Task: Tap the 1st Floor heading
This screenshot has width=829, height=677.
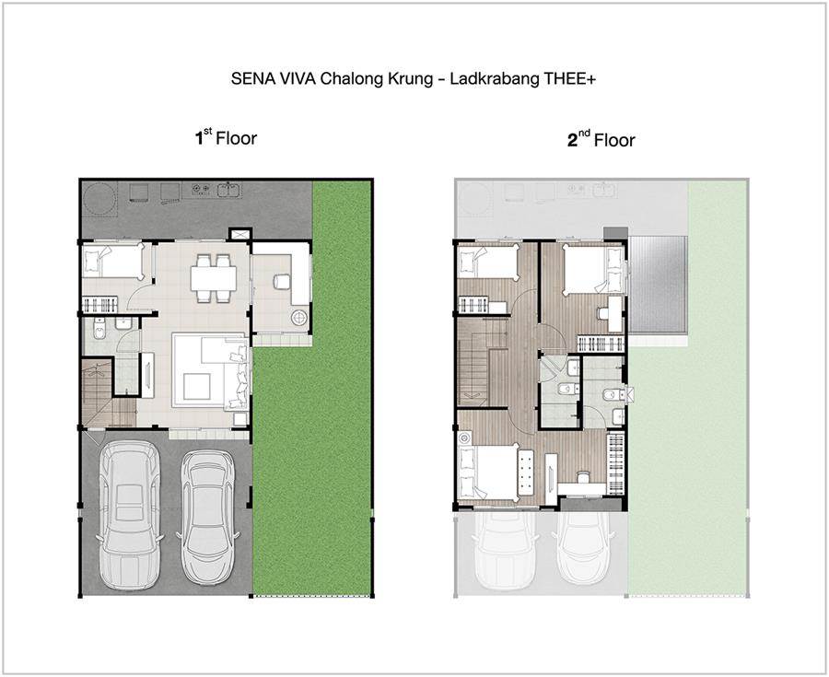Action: click(226, 138)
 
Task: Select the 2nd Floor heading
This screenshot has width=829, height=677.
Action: click(601, 139)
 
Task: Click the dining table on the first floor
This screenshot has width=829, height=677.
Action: click(214, 278)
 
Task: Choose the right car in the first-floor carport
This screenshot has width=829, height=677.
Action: click(207, 515)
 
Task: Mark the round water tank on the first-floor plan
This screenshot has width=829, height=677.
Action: click(99, 198)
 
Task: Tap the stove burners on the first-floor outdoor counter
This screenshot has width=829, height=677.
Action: click(200, 188)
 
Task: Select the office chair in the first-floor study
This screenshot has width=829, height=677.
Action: click(281, 281)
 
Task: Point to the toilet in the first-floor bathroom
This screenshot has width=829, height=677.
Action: click(99, 329)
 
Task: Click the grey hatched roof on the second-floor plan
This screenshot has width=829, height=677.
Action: click(658, 285)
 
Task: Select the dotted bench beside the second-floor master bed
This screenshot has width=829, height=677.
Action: click(527, 473)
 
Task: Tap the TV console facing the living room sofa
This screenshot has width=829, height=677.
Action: click(147, 375)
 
